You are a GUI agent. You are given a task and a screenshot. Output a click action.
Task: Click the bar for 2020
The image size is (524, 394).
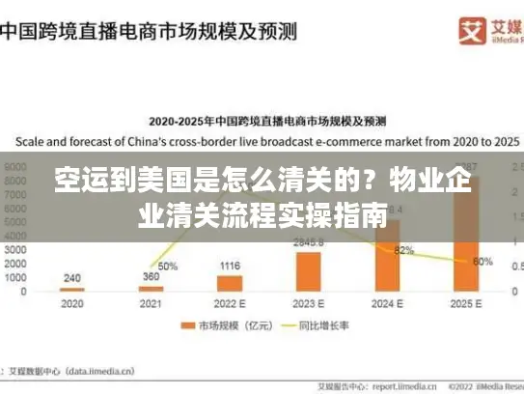tap(72, 289)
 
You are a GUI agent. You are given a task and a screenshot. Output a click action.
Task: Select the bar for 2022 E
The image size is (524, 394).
tap(230, 283)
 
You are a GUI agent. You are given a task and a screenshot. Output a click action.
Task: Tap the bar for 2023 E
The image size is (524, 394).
tap(309, 270)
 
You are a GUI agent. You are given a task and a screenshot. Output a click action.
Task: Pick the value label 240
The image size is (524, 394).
tap(72, 278)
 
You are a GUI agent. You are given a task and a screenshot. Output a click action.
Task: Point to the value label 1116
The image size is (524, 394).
tap(230, 266)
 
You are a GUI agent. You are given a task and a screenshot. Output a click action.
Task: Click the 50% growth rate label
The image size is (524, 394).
tap(167, 266)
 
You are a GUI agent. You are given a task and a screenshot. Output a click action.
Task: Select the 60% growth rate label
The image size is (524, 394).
tap(483, 261)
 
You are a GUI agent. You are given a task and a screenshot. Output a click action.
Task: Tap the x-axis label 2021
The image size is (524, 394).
tap(151, 303)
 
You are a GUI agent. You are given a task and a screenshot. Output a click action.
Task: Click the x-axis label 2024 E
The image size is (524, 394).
tap(388, 303)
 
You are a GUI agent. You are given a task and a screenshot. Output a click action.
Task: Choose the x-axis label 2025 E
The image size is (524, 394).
tap(467, 303)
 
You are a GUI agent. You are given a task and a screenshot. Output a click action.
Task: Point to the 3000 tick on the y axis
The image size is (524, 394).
tap(17, 249)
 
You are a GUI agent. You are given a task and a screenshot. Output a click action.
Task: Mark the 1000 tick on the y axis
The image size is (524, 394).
tap(17, 277)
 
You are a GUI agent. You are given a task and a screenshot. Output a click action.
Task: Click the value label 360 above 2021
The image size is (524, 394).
tap(151, 277)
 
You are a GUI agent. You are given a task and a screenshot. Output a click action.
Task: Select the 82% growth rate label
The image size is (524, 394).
tap(403, 250)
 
